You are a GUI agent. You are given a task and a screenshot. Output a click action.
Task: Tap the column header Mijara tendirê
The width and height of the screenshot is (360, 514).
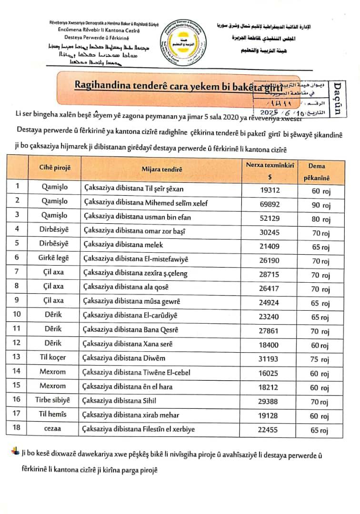161,169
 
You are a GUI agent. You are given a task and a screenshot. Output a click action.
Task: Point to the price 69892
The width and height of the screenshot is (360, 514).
270,202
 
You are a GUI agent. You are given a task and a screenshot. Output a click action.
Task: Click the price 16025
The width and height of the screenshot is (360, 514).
270,372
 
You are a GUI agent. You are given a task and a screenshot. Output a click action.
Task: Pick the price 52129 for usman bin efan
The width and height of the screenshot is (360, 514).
270,217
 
